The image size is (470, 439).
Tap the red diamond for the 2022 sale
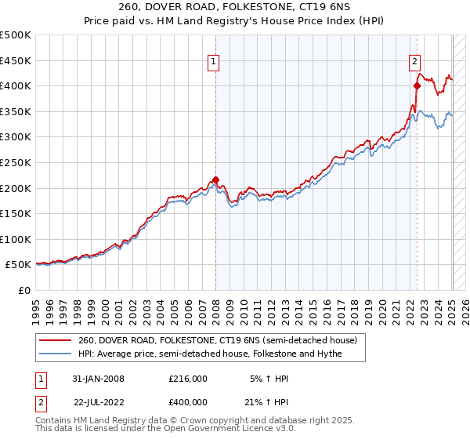point(417,86)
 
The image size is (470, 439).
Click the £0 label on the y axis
point(24,290)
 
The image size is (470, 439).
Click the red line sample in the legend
point(55,341)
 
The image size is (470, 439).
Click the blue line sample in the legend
point(55,354)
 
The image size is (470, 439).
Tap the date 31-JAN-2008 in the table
point(98,379)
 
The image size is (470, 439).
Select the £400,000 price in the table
point(188,401)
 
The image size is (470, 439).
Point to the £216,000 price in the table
point(188,379)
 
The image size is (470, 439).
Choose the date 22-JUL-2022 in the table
point(98,401)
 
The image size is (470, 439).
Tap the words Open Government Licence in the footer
point(215,430)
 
